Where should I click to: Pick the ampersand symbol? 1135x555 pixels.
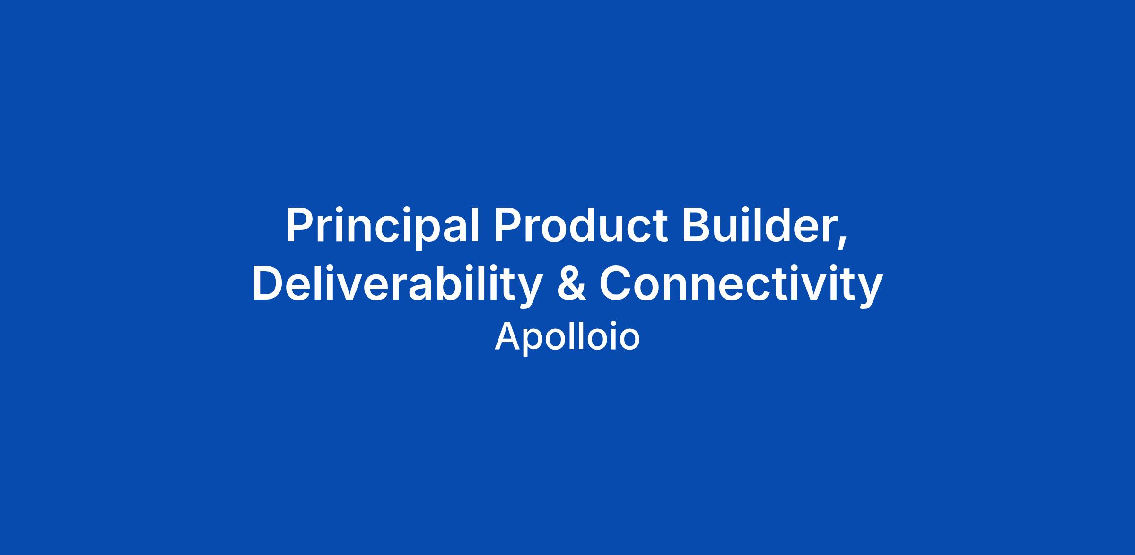click(571, 283)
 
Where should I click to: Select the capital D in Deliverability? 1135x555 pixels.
click(268, 283)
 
